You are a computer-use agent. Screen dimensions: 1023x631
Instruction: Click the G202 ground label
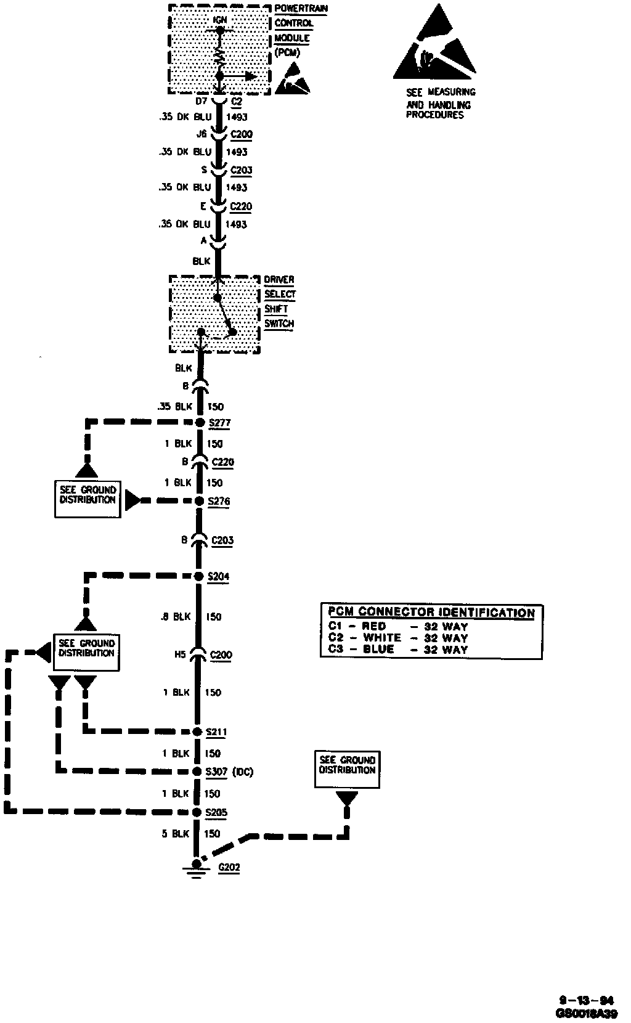229,867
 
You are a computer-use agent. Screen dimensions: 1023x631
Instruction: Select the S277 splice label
219,423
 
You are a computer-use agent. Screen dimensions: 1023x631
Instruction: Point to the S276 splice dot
199,501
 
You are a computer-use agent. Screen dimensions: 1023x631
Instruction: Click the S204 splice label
219,576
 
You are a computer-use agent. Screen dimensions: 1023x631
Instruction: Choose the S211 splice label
217,732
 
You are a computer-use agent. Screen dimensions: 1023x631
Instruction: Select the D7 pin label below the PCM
201,100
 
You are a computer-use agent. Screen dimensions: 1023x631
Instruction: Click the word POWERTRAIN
301,9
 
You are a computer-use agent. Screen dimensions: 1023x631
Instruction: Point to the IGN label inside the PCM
219,20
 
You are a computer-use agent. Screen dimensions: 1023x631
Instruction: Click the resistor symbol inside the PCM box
219,55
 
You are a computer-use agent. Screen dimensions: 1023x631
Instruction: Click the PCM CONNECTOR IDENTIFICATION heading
431,612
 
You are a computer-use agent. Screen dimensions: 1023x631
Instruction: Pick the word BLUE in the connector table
378,650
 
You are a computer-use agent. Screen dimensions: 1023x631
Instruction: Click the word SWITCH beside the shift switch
279,324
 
